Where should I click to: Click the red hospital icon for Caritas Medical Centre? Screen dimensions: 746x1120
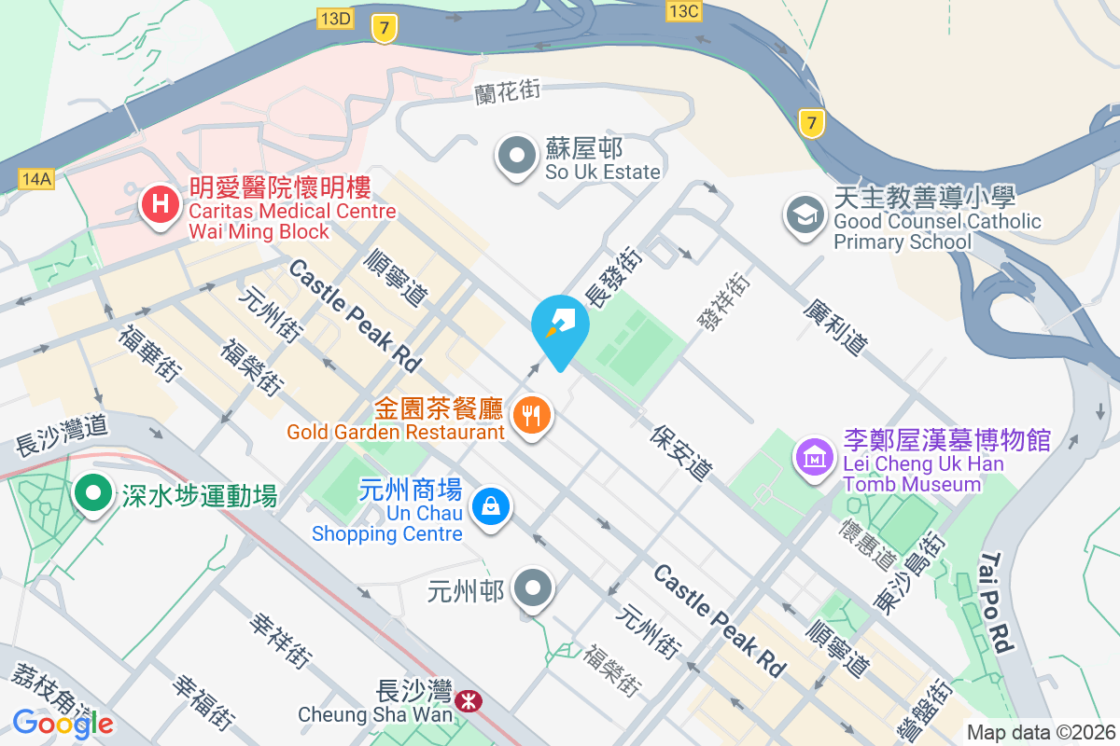(x=160, y=204)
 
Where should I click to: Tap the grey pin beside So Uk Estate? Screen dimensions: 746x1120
(x=515, y=157)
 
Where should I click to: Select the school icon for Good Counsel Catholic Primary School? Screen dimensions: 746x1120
(x=803, y=215)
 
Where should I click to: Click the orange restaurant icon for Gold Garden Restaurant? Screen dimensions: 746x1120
(x=532, y=414)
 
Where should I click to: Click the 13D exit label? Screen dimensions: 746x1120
(x=335, y=18)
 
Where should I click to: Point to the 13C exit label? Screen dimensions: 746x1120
(x=683, y=10)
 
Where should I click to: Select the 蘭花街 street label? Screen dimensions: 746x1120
(x=508, y=90)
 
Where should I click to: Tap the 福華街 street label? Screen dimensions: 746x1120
(x=148, y=352)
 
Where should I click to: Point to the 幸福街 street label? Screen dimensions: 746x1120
(x=201, y=701)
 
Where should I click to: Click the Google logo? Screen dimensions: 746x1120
(x=63, y=723)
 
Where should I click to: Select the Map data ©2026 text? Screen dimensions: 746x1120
(x=1040, y=732)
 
